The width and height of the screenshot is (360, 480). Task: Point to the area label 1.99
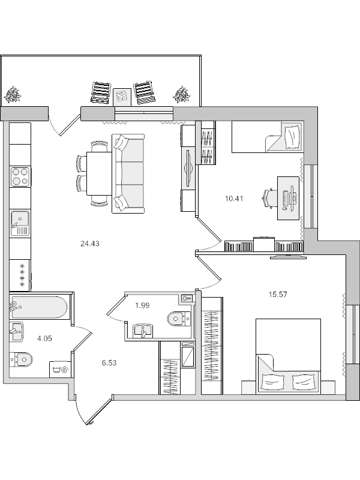click(142, 305)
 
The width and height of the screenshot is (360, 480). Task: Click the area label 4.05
click(45, 338)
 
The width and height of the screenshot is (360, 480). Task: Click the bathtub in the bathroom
click(39, 308)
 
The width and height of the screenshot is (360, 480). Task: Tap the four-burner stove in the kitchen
click(20, 176)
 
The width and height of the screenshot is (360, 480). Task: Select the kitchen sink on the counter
click(20, 223)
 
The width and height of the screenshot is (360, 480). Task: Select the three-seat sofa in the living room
click(130, 173)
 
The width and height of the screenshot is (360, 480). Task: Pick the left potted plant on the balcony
click(13, 94)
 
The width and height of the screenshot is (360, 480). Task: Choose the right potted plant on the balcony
click(181, 94)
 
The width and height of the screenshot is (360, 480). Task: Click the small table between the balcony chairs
click(122, 95)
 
